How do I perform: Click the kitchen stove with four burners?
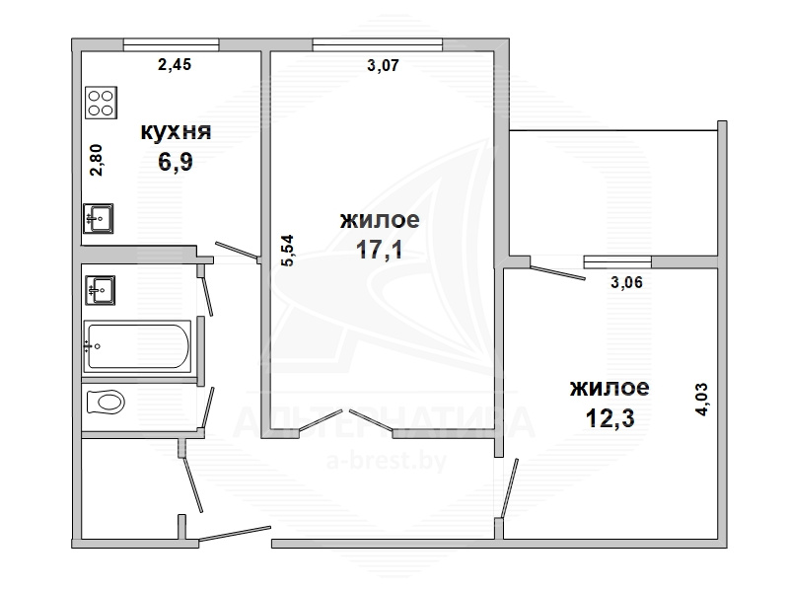pyautogui.click(x=102, y=103)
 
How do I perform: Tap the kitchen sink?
pyautogui.click(x=98, y=218)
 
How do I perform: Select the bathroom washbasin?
pyautogui.click(x=101, y=290)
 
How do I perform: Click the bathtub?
pyautogui.click(x=137, y=346)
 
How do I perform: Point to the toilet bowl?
pyautogui.click(x=106, y=403)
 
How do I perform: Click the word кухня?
pyautogui.click(x=177, y=132)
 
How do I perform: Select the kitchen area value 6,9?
pyautogui.click(x=176, y=162)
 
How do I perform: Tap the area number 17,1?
pyautogui.click(x=380, y=250)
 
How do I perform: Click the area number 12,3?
pyautogui.click(x=610, y=417)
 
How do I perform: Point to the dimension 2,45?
pyautogui.click(x=175, y=64)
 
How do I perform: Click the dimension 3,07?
pyautogui.click(x=383, y=65)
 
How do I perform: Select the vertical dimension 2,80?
pyautogui.click(x=96, y=160)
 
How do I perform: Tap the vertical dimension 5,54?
pyautogui.click(x=287, y=251)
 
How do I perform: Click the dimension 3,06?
pyautogui.click(x=627, y=282)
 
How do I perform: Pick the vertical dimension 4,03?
pyautogui.click(x=701, y=400)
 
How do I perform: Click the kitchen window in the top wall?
pyautogui.click(x=171, y=44)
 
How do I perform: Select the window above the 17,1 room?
pyautogui.click(x=378, y=44)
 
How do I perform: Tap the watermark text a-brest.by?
pyautogui.click(x=387, y=461)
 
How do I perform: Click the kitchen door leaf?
pyautogui.click(x=238, y=251)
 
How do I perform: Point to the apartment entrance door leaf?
pyautogui.click(x=235, y=534)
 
